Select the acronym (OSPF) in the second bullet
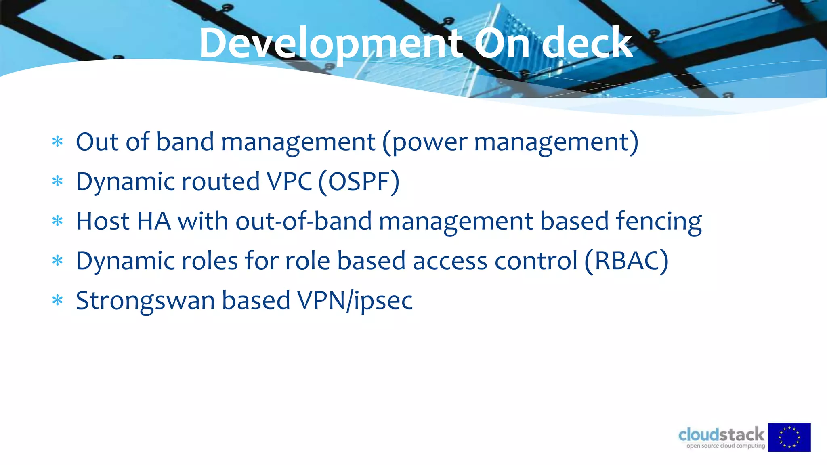tap(359, 182)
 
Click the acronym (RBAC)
tap(626, 261)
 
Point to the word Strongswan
tap(145, 301)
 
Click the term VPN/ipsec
tap(355, 301)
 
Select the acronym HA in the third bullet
tap(154, 222)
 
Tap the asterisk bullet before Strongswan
tap(58, 300)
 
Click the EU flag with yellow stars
tap(789, 437)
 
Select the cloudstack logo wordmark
tap(721, 435)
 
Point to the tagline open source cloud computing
tap(726, 446)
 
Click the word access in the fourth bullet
tap(450, 261)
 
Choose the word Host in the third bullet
tap(103, 222)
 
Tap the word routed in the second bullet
tap(221, 182)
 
